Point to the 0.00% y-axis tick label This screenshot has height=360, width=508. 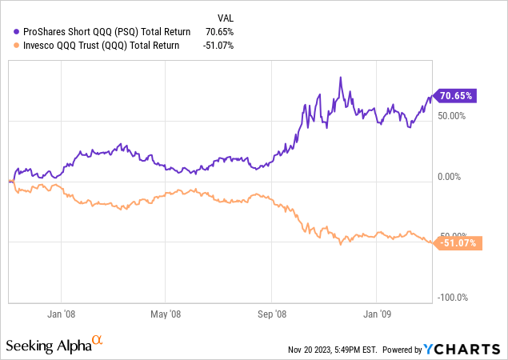point(454,177)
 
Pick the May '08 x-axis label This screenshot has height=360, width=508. point(166,314)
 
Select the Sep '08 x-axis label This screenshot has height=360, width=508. point(272,314)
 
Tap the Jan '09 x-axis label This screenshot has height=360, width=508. point(378,314)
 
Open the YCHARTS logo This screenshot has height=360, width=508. point(464,349)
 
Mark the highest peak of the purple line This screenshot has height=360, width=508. point(341,78)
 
